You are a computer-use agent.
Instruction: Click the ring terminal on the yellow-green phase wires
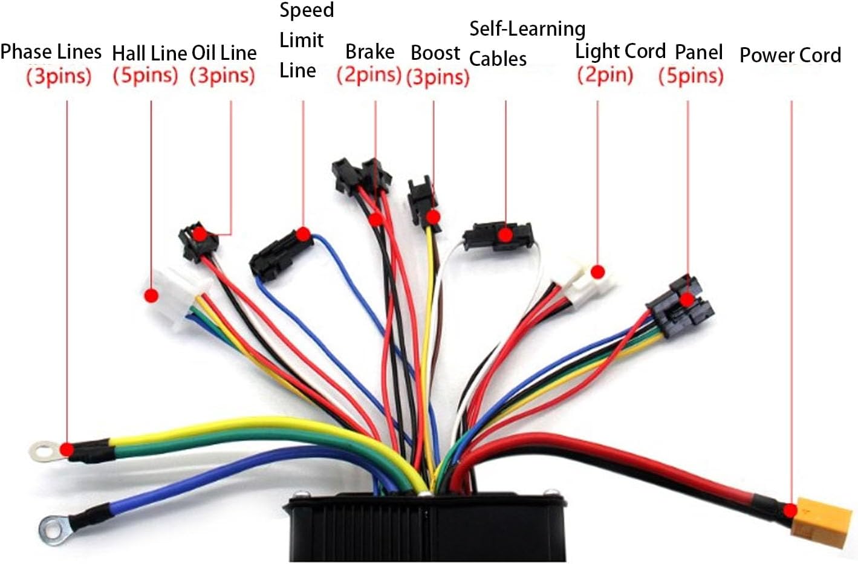[44, 450]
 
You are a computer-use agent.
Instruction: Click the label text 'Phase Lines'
[51, 52]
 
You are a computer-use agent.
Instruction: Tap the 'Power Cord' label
[790, 55]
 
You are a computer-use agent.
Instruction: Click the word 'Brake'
[369, 52]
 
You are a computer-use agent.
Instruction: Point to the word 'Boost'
[435, 53]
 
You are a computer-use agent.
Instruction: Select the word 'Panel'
[698, 52]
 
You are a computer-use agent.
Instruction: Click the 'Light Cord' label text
[620, 51]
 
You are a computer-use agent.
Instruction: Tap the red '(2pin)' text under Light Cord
[605, 75]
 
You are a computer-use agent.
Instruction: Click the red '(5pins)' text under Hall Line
[145, 76]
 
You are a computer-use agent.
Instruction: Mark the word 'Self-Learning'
[527, 29]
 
